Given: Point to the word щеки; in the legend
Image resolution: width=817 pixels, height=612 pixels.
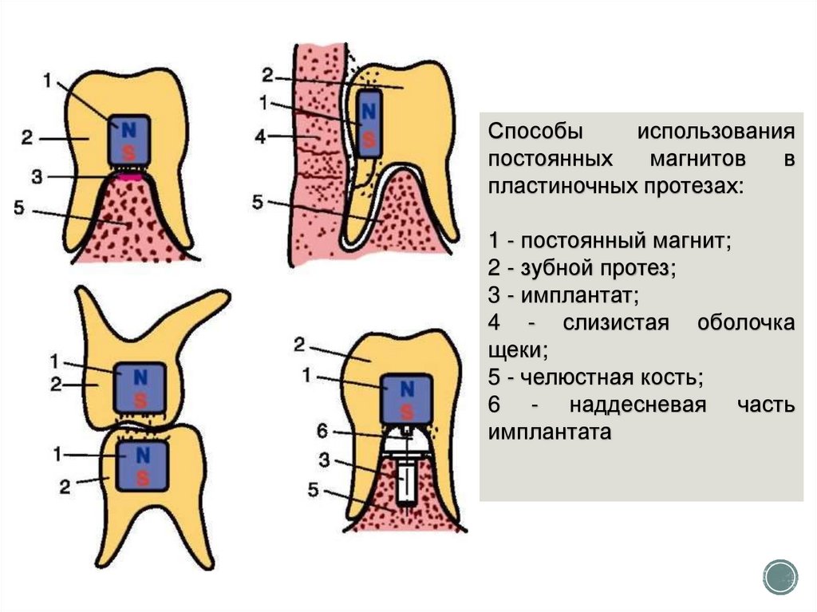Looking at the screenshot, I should [x=518, y=349].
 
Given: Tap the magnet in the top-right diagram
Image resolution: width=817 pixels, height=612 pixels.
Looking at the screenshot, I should [x=369, y=124].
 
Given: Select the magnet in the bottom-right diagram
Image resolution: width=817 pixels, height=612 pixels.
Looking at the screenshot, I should [x=407, y=397].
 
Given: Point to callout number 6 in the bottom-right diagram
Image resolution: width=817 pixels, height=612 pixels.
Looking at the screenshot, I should [x=322, y=431].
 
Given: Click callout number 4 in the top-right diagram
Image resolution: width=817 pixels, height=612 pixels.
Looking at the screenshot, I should [x=261, y=136].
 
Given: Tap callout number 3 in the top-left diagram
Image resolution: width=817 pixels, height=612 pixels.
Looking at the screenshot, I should [x=36, y=176].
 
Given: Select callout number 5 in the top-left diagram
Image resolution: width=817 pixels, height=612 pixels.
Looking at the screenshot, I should [x=21, y=209].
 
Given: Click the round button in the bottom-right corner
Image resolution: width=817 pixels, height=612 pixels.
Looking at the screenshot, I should [x=780, y=576].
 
